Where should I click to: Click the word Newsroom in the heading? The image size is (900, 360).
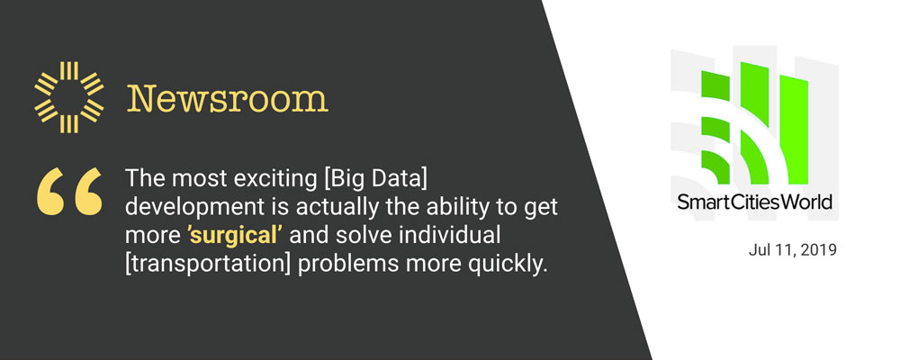click(228, 99)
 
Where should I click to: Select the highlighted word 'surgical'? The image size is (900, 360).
click(234, 237)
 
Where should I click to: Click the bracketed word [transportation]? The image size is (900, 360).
click(209, 265)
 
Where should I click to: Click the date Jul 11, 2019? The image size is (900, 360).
click(793, 250)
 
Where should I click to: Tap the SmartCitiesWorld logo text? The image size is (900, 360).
click(755, 202)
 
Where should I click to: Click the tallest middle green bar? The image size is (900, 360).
click(755, 123)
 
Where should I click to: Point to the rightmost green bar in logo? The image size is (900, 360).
click(794, 130)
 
